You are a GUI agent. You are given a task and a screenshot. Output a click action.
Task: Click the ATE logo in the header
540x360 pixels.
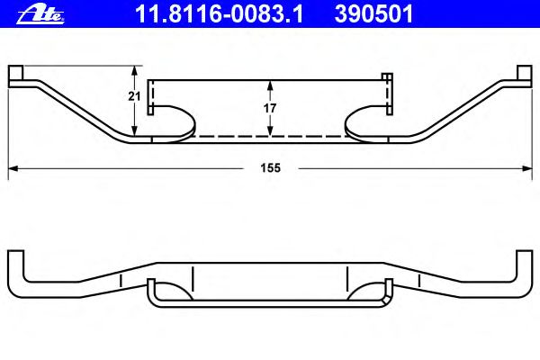click(x=40, y=15)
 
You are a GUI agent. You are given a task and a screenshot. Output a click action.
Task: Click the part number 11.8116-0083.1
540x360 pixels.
click(x=220, y=14)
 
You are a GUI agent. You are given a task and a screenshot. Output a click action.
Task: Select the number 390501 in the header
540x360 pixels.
click(x=373, y=14)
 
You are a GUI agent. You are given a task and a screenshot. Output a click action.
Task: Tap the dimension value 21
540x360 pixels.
click(x=134, y=96)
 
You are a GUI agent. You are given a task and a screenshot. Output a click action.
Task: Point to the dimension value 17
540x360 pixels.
click(x=270, y=108)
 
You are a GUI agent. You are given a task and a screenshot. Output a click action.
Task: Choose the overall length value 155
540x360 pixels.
click(x=270, y=168)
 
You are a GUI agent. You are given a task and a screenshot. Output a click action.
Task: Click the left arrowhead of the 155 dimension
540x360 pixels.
click(x=13, y=168)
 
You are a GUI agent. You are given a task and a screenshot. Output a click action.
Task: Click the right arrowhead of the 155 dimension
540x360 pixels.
click(x=527, y=168)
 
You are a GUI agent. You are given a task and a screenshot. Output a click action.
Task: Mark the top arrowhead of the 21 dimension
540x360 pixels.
click(x=135, y=70)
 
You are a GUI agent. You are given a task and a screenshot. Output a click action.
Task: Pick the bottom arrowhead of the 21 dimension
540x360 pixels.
click(x=135, y=130)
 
